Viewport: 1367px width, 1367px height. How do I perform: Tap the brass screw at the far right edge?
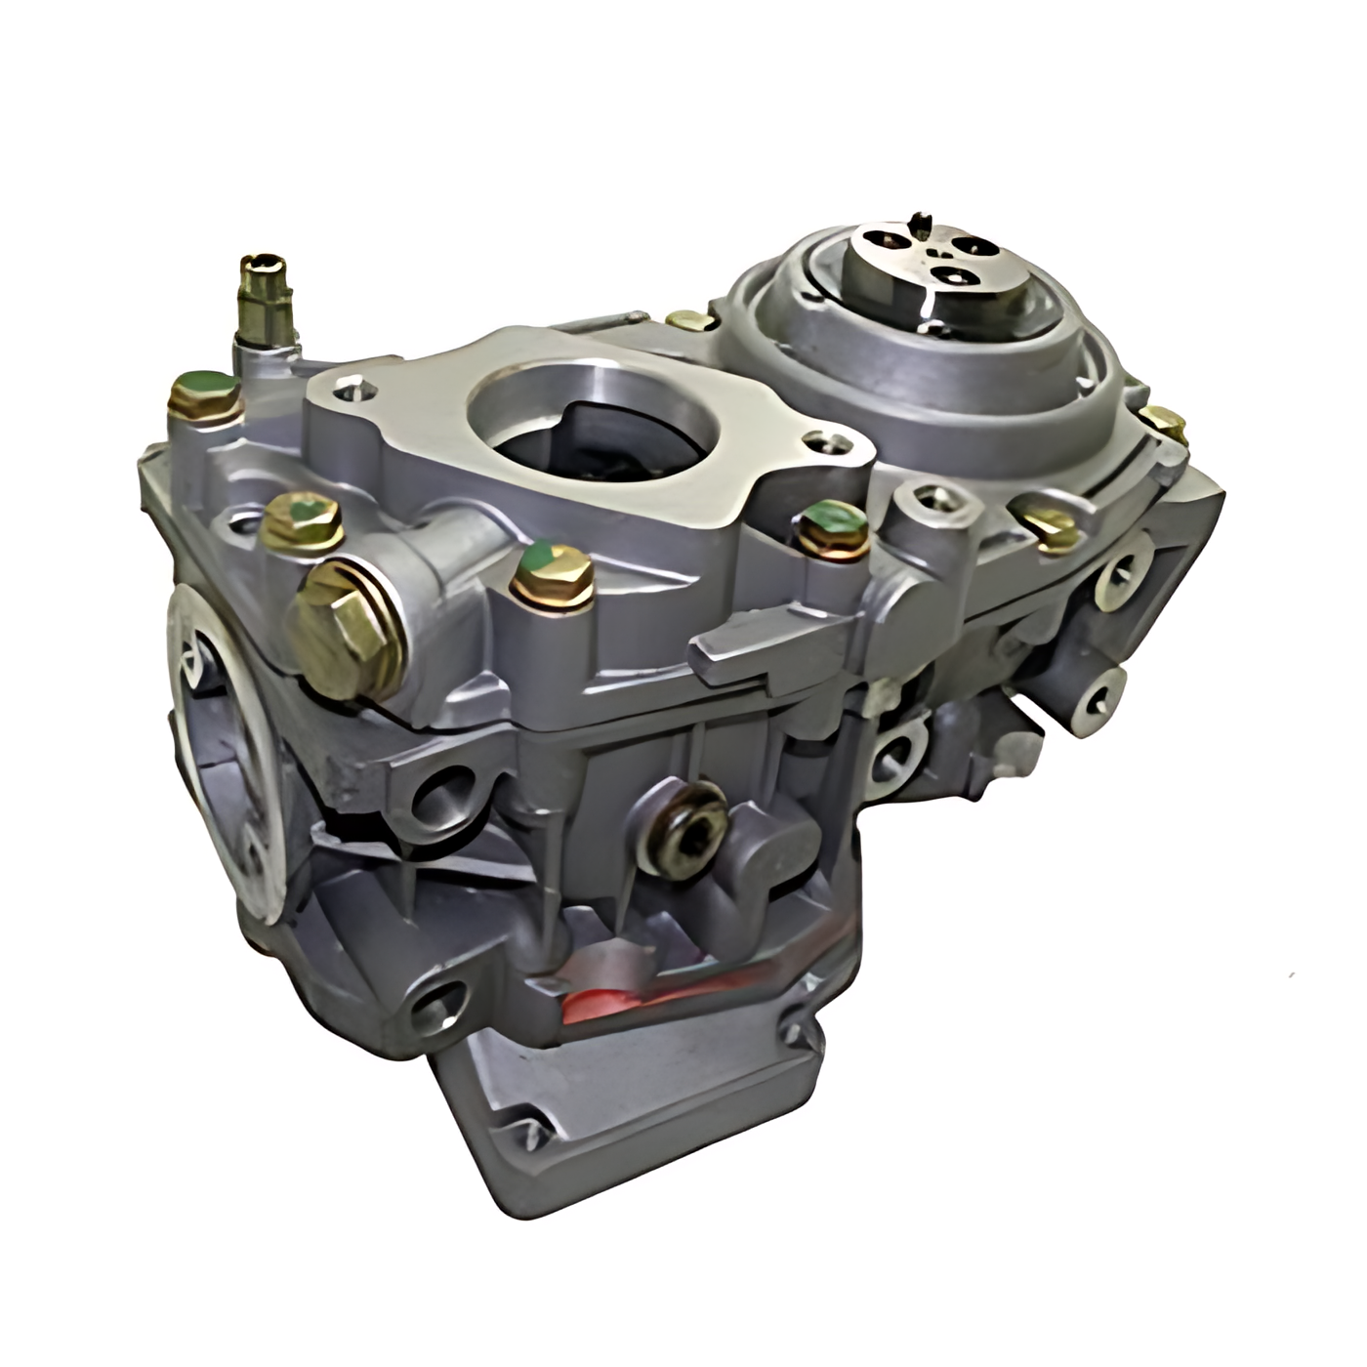[x=1166, y=422]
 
